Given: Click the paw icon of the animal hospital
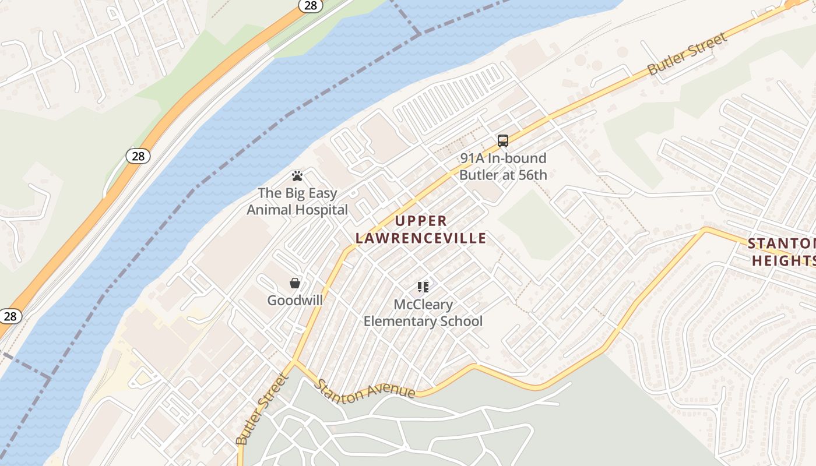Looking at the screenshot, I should [297, 175].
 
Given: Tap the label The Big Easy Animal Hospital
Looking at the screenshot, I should [297, 202].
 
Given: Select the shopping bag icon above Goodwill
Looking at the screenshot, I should [295, 283].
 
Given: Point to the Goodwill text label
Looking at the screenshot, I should [295, 300].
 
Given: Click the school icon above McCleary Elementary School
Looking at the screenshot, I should [423, 287].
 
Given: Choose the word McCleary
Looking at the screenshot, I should [423, 305].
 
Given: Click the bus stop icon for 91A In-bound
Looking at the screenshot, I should [503, 140].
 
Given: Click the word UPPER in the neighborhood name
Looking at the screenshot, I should [421, 221].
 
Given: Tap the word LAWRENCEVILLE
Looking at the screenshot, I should [421, 238].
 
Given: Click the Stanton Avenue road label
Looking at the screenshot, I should [365, 390].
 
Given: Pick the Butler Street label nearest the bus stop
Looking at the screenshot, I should [688, 54].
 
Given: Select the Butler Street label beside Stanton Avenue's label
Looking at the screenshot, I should [262, 409].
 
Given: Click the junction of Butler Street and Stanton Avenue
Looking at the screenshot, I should [294, 362].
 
